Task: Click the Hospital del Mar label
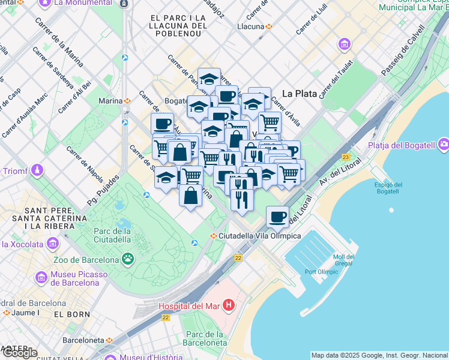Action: (x=189, y=306)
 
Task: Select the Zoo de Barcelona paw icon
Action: (x=127, y=259)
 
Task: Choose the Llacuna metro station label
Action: (x=251, y=26)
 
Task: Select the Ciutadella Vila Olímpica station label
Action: (x=260, y=236)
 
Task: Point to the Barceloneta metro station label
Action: (x=85, y=339)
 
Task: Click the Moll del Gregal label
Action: (x=343, y=260)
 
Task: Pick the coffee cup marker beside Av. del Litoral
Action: (x=277, y=217)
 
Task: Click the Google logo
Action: (x=19, y=353)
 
